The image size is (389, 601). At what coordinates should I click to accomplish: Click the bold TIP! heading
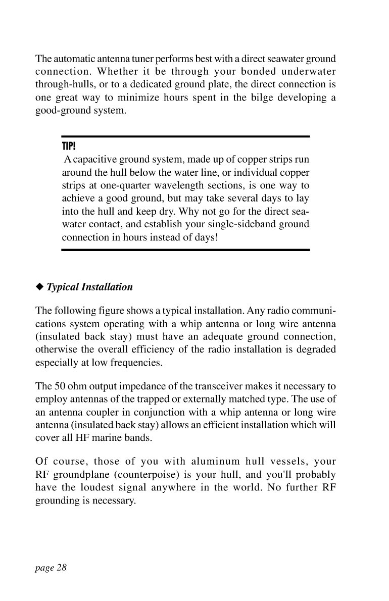[x=69, y=147]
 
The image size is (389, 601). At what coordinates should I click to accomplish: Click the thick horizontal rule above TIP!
[x=185, y=136]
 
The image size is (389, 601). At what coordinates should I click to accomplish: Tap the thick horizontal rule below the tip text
[x=185, y=249]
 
